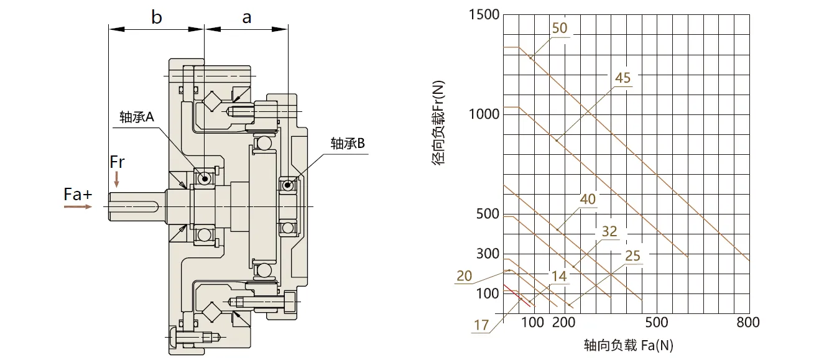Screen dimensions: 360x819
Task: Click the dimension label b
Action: coord(156,17)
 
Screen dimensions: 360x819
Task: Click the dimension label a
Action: coord(247,17)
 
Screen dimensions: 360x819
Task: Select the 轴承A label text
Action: coord(136,118)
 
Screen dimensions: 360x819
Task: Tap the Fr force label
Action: coord(117,162)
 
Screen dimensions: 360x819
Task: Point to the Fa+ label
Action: coord(78,195)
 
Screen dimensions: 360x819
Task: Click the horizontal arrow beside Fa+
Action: coord(77,207)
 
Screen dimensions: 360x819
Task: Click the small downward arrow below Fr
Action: coord(117,180)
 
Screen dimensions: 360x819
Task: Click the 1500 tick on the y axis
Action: coord(483,14)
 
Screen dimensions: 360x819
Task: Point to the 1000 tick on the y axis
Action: coord(483,114)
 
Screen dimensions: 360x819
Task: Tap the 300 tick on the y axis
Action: coord(487,254)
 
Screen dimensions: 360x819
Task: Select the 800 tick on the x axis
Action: coord(747,322)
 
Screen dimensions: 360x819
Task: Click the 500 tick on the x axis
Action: coord(657,322)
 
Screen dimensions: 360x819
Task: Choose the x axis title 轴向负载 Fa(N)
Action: coord(629,344)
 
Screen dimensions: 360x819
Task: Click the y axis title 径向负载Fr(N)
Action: coord(439,124)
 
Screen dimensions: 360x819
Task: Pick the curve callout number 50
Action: coord(560,29)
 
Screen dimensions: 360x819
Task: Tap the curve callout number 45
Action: coord(622,78)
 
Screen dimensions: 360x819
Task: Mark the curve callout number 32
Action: coord(609,231)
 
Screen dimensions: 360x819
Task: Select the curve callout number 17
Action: coord(481,325)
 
